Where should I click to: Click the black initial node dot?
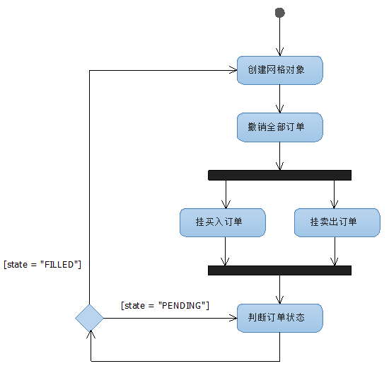pos(280,13)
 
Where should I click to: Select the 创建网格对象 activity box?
pos(280,70)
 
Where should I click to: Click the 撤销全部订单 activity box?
pos(280,127)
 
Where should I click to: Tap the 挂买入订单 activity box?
pos(223,222)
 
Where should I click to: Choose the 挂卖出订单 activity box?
pos(337,222)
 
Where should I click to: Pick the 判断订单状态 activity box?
pos(280,318)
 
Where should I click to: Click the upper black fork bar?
pos(280,175)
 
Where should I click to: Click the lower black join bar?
pos(280,270)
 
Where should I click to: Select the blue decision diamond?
pos(90,319)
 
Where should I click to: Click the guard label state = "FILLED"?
pos(42,265)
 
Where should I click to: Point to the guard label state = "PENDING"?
pos(166,305)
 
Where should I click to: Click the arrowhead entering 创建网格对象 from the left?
pos(233,70)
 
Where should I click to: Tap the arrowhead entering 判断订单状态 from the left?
pos(233,319)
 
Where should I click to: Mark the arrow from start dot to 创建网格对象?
pos(280,35)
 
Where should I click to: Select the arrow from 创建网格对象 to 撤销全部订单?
pos(280,98)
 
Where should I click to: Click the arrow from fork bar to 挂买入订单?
pos(226,194)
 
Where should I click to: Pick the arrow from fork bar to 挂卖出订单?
pos(334,194)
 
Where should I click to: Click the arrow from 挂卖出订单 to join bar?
pos(334,251)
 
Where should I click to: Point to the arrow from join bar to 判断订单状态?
pos(280,289)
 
